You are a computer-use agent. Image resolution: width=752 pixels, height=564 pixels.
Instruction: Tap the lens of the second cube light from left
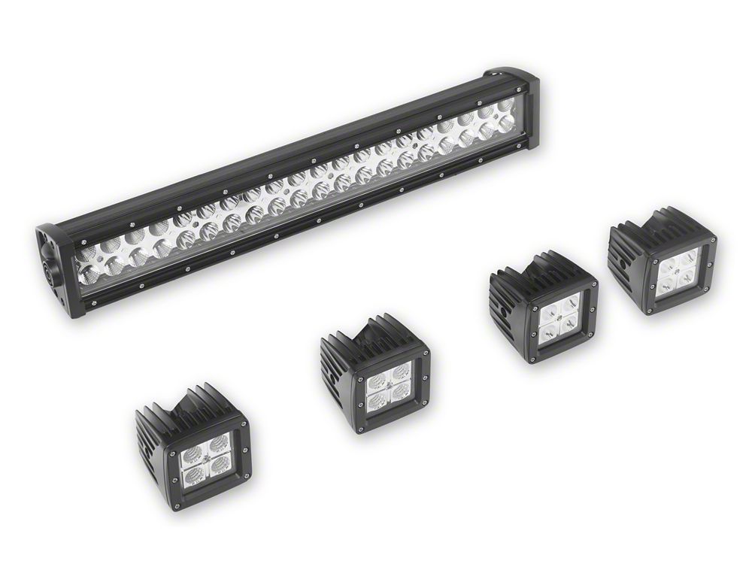[390, 386]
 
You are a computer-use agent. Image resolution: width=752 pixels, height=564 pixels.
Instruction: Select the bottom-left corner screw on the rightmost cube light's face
[647, 308]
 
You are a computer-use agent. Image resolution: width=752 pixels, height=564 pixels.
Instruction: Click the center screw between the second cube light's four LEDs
[390, 386]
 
